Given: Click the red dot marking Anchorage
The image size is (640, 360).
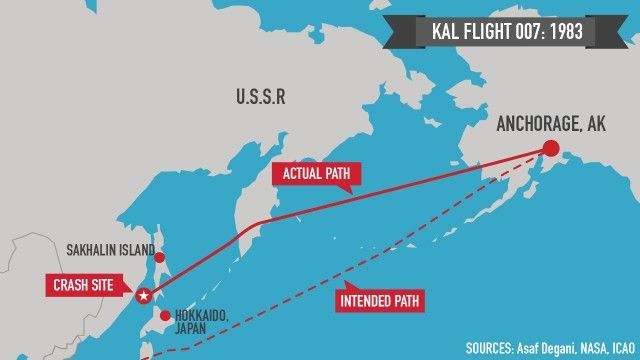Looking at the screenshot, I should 549,149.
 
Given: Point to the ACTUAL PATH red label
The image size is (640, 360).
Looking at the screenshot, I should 316,174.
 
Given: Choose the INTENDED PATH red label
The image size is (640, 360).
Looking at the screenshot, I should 380,299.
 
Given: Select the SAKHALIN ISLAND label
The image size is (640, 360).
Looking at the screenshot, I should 107,250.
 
